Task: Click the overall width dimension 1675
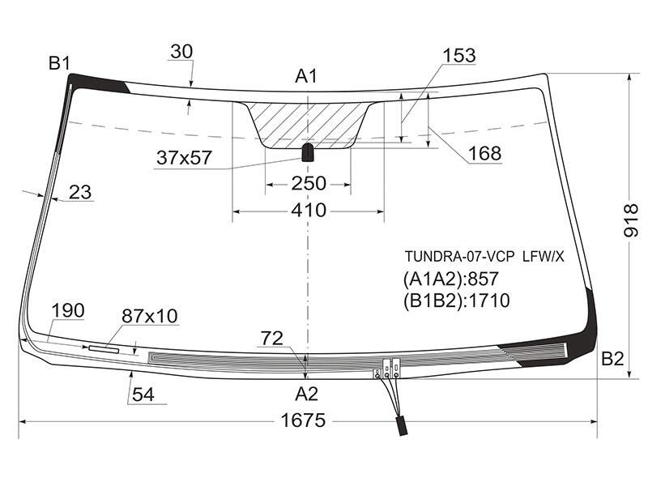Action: pyautogui.click(x=303, y=420)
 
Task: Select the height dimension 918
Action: pyautogui.click(x=631, y=220)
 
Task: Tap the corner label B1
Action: pyautogui.click(x=59, y=64)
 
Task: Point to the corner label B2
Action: pyautogui.click(x=612, y=359)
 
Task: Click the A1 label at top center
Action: pyautogui.click(x=306, y=76)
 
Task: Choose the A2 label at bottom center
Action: pyautogui.click(x=306, y=394)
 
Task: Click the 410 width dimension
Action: pyautogui.click(x=309, y=211)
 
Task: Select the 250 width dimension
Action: pyautogui.click(x=309, y=184)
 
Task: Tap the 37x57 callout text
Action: pyautogui.click(x=184, y=157)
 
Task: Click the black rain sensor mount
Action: pyautogui.click(x=308, y=152)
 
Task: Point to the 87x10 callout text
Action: pyautogui.click(x=150, y=316)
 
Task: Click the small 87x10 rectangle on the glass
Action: pyautogui.click(x=104, y=349)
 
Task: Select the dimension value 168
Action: pyautogui.click(x=484, y=154)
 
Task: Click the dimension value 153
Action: pyautogui.click(x=459, y=55)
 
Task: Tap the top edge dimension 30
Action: pyautogui.click(x=181, y=52)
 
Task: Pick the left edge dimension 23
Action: pyautogui.click(x=80, y=192)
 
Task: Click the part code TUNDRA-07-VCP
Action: pyautogui.click(x=459, y=257)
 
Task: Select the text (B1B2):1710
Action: pyautogui.click(x=457, y=301)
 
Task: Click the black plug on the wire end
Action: pyautogui.click(x=402, y=426)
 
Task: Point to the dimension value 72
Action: pyautogui.click(x=272, y=339)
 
